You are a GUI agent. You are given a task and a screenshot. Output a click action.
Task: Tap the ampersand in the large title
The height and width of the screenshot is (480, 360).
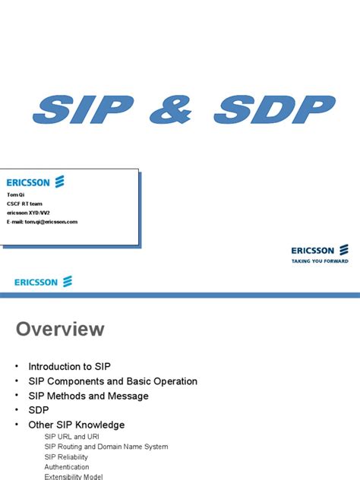(179, 112)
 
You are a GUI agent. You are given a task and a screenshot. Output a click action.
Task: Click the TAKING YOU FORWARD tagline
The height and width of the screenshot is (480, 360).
(320, 261)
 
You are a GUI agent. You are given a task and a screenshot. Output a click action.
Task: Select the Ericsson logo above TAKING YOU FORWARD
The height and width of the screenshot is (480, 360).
(320, 249)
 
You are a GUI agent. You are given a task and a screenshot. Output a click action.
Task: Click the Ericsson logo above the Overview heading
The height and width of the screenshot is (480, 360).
(43, 282)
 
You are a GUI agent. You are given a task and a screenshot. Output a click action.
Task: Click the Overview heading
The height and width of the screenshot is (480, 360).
(61, 329)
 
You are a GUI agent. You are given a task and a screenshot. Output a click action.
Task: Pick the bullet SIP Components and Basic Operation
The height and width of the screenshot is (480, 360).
(112, 381)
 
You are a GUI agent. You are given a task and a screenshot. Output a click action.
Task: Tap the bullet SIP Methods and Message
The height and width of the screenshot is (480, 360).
(88, 396)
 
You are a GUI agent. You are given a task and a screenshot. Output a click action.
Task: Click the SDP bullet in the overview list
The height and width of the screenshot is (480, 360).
(39, 410)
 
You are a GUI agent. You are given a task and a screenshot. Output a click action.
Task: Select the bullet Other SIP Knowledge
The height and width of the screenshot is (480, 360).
(76, 425)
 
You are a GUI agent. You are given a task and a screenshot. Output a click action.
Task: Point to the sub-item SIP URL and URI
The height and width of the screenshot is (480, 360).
(72, 437)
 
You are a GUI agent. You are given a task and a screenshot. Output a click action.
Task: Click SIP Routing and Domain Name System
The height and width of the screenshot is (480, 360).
(106, 447)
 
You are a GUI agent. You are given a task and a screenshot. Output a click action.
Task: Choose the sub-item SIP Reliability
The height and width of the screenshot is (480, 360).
(66, 456)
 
